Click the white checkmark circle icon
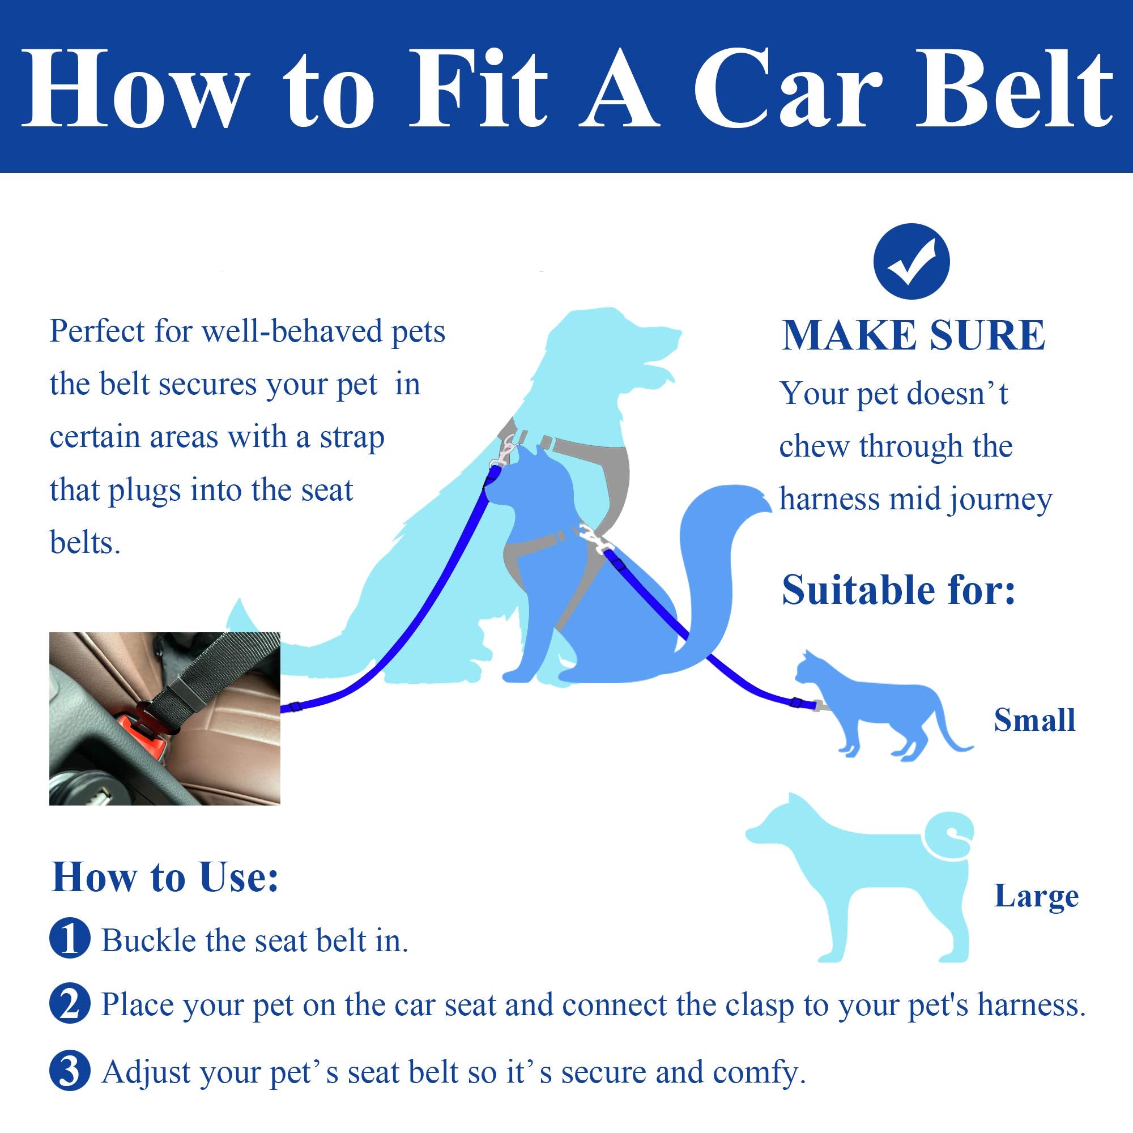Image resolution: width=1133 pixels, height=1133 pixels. pos(911,262)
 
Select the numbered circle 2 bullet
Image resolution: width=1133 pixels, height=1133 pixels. pos(70,1004)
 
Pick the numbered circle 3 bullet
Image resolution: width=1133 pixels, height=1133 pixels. pos(70,1071)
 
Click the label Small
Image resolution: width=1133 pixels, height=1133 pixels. pos(1034,721)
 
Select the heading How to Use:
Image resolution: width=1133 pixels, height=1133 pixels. pos(165,878)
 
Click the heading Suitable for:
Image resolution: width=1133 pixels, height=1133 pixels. pos(898,590)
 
